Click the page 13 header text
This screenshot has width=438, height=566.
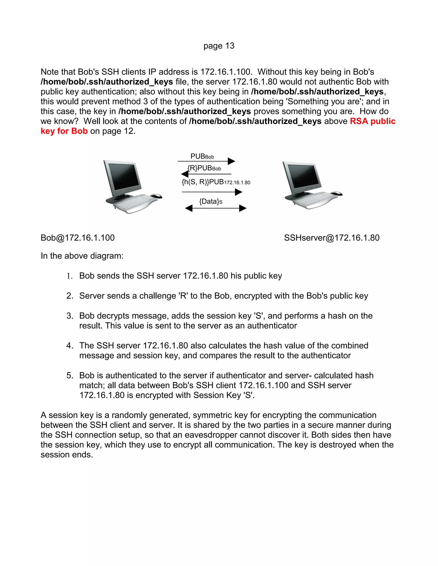219,46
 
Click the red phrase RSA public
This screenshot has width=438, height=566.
372,121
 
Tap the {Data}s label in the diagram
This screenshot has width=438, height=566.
211,201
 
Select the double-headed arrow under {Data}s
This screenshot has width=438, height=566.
216,208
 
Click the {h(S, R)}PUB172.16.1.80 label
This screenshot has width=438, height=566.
216,182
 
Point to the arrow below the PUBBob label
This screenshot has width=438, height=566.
206,161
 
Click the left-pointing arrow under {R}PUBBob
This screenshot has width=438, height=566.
206,174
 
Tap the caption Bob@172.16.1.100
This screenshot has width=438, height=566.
78,238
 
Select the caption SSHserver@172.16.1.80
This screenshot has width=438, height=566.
332,238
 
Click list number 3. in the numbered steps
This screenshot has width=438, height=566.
70,316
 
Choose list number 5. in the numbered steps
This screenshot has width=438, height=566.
70,375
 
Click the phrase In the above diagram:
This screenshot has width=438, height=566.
82,256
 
